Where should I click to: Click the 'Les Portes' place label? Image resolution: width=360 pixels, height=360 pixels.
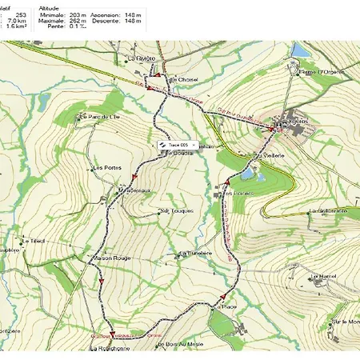pos(106,168)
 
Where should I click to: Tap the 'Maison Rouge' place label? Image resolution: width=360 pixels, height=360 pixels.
pos(110,258)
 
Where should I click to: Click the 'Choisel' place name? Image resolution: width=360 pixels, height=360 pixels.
pos(188,80)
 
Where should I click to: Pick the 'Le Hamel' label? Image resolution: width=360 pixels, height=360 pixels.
pos(324,275)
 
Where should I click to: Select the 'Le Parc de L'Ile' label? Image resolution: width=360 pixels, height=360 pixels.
pos(100,118)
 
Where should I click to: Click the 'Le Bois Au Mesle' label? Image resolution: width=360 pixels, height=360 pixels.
pos(181,344)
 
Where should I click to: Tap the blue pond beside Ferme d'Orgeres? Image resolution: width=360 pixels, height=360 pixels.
pos(300,50)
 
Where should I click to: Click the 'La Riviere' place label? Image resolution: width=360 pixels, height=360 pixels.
pos(141,58)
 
